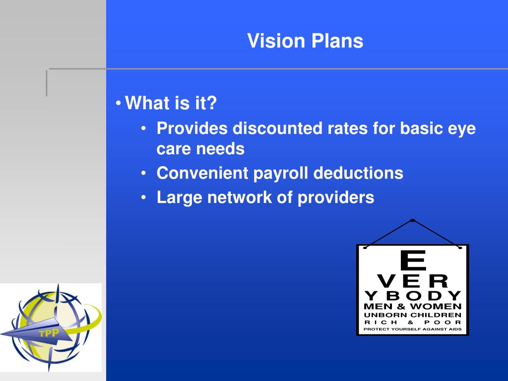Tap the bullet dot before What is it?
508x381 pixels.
119,104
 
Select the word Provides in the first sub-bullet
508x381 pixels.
192,129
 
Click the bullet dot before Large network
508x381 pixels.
143,198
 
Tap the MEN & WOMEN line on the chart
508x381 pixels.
413,306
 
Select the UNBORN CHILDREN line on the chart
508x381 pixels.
413,315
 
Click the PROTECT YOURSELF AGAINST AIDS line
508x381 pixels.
413,329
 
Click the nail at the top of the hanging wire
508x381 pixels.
413,220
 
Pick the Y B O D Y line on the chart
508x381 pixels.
413,296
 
